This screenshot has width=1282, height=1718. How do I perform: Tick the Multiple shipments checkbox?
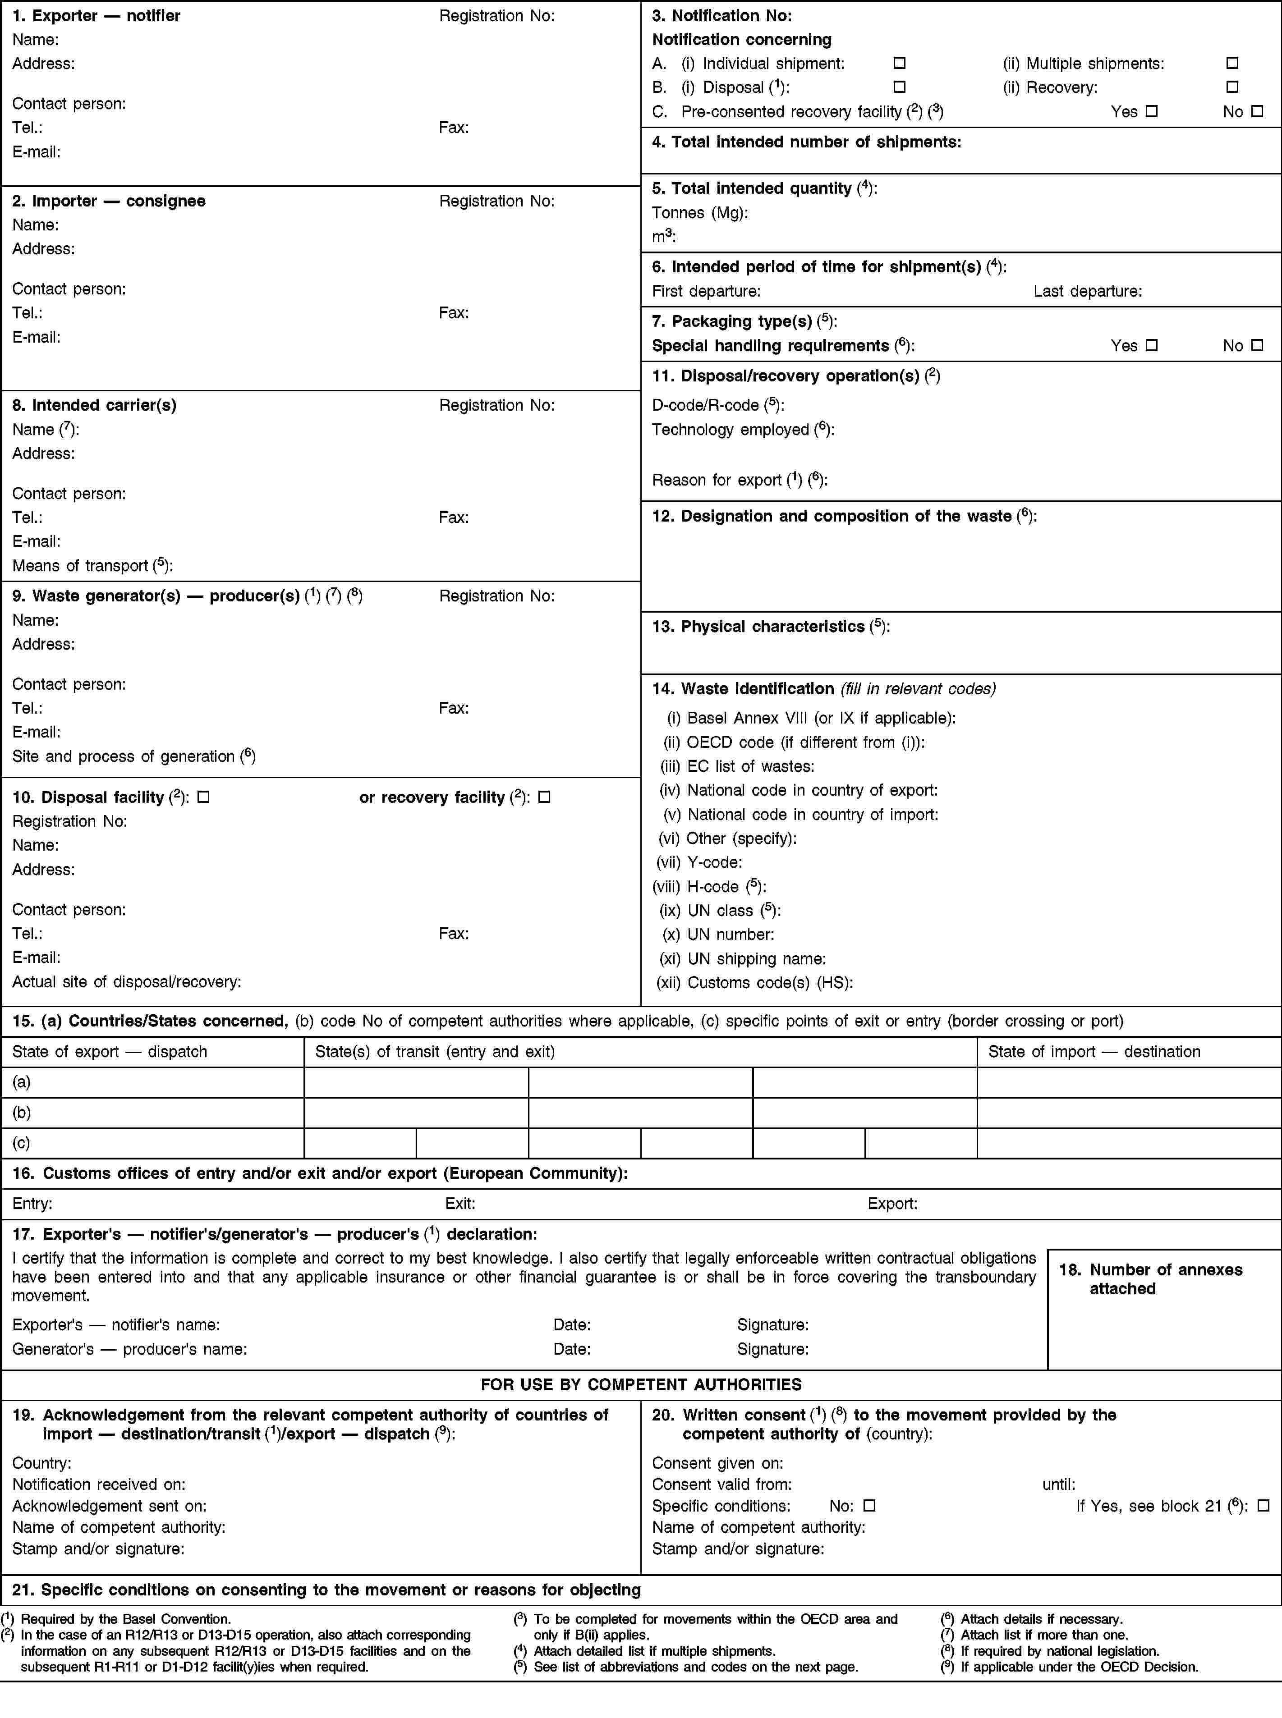pos(1231,63)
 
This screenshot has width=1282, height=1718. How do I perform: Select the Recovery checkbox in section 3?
pos(1231,87)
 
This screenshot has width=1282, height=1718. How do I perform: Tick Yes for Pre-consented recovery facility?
pos(1152,112)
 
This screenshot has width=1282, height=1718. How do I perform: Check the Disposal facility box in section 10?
pos(203,797)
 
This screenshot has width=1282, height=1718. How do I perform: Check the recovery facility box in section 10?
pos(544,797)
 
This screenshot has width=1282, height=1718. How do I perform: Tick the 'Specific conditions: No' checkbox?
pos(869,1506)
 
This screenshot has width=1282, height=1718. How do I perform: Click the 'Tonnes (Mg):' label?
pos(700,212)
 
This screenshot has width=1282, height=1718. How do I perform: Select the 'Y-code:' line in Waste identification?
pos(700,862)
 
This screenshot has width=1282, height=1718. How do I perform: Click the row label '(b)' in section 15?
pos(22,1112)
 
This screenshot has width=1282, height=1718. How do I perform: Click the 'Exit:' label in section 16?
pos(460,1204)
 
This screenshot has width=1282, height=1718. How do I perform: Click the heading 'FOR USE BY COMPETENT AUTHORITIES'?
pos(641,1384)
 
